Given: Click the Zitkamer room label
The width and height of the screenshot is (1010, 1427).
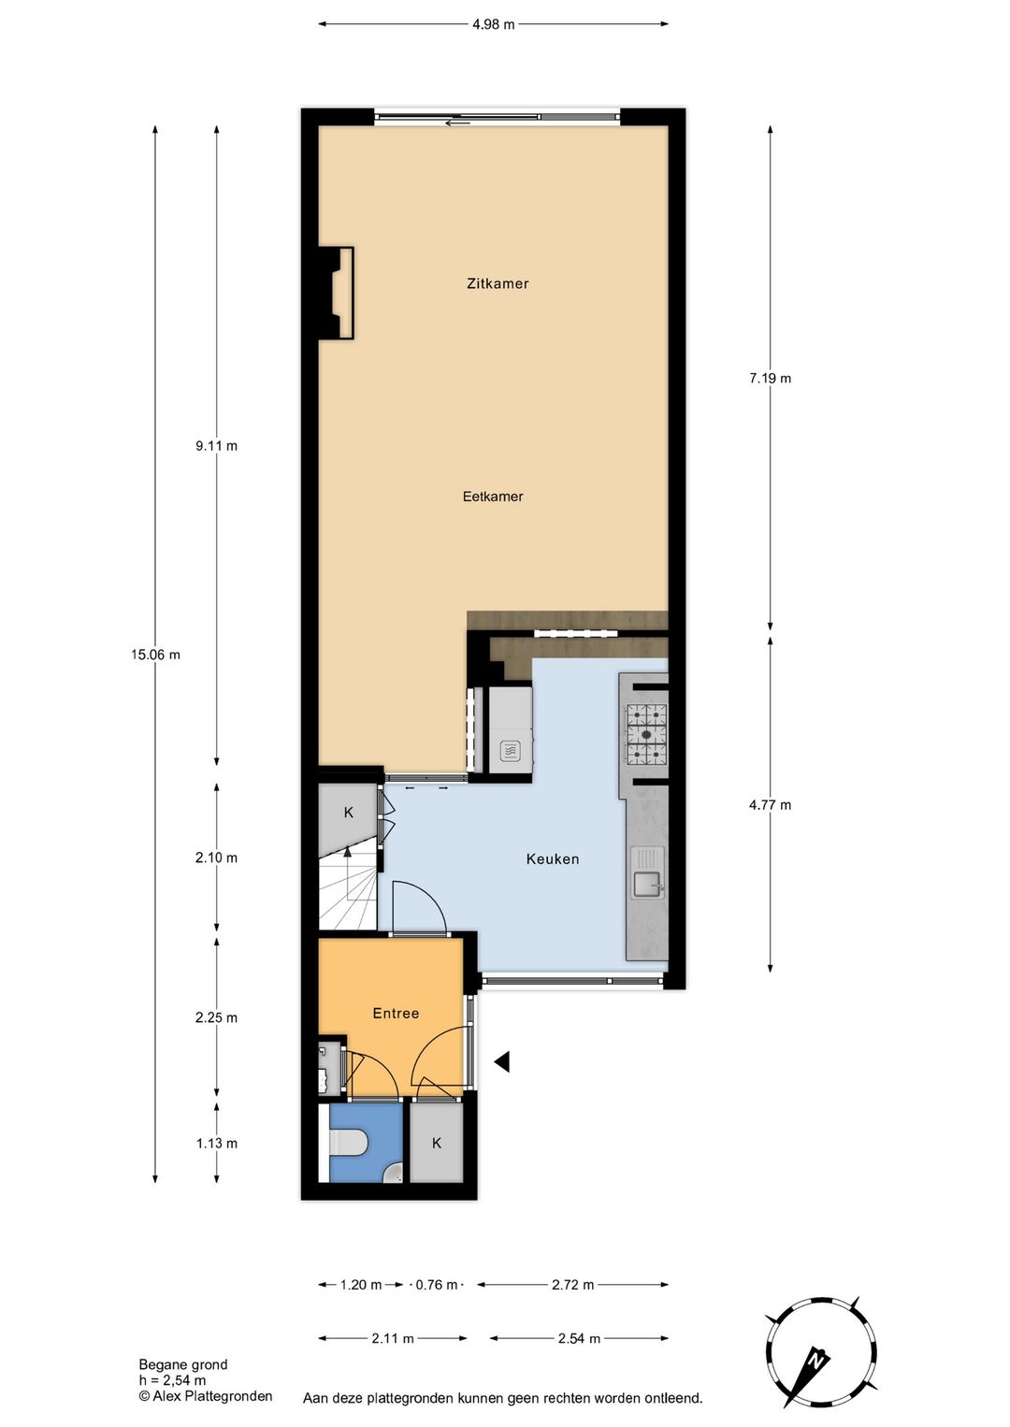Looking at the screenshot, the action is (x=498, y=283).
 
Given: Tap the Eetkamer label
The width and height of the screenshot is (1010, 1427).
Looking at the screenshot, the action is (x=493, y=497).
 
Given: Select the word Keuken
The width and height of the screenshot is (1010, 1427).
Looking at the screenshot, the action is (x=553, y=858).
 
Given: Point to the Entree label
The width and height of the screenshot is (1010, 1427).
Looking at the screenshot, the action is (x=396, y=1013).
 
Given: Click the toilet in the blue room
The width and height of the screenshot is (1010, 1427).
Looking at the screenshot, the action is (x=347, y=1142).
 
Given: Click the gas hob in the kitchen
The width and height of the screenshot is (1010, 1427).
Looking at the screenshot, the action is (x=647, y=734).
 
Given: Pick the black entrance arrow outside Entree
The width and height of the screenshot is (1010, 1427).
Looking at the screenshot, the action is (x=502, y=1061).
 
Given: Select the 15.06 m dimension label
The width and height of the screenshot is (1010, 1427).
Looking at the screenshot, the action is (x=155, y=655).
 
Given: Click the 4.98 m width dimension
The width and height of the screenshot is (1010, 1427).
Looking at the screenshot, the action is (x=493, y=25).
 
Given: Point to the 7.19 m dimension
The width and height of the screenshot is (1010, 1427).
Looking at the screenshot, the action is (x=770, y=379).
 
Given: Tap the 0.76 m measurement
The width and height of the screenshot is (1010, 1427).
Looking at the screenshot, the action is (x=437, y=1284).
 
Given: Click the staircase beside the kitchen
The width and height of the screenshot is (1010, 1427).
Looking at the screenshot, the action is (x=348, y=889).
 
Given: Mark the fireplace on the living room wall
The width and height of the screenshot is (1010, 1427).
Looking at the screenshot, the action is (x=337, y=293).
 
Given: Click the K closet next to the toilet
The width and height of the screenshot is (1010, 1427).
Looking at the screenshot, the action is (x=437, y=1143).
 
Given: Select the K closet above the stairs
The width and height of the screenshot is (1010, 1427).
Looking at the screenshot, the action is (x=348, y=813).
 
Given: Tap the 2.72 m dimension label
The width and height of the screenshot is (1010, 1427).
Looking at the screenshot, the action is (x=573, y=1284).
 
